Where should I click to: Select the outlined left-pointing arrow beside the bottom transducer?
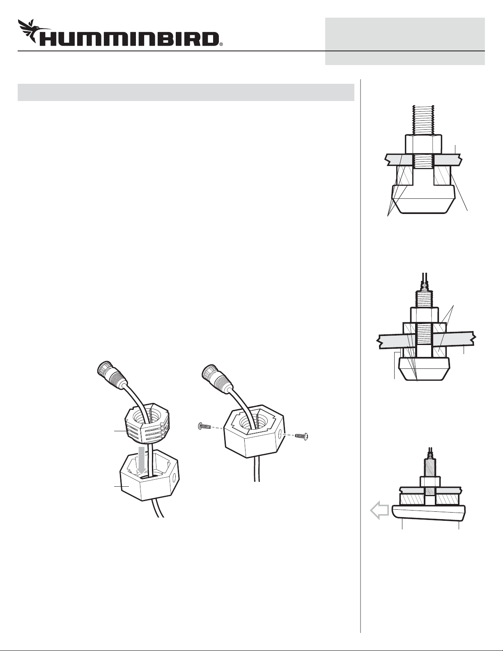tap(379, 511)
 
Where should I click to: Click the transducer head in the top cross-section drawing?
tap(423, 199)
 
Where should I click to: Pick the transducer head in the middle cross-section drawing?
tap(424, 370)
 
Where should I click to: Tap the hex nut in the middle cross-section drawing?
tap(424, 315)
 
